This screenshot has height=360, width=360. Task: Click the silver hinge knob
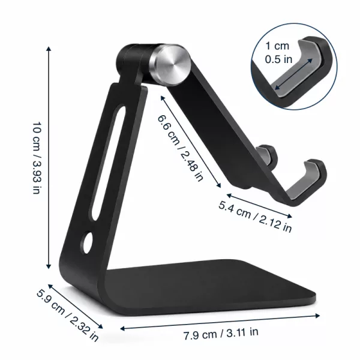170,64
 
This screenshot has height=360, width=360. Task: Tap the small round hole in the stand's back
87,243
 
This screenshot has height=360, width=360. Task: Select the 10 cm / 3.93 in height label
37,158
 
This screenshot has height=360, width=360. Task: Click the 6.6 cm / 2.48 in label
180,148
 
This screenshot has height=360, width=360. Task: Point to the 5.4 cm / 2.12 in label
255,217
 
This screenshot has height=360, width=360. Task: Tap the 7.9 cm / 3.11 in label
221,334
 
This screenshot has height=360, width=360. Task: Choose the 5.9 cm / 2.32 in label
67,316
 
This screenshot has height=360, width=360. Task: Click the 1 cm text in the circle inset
277,46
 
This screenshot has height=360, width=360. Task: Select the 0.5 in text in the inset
278,59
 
